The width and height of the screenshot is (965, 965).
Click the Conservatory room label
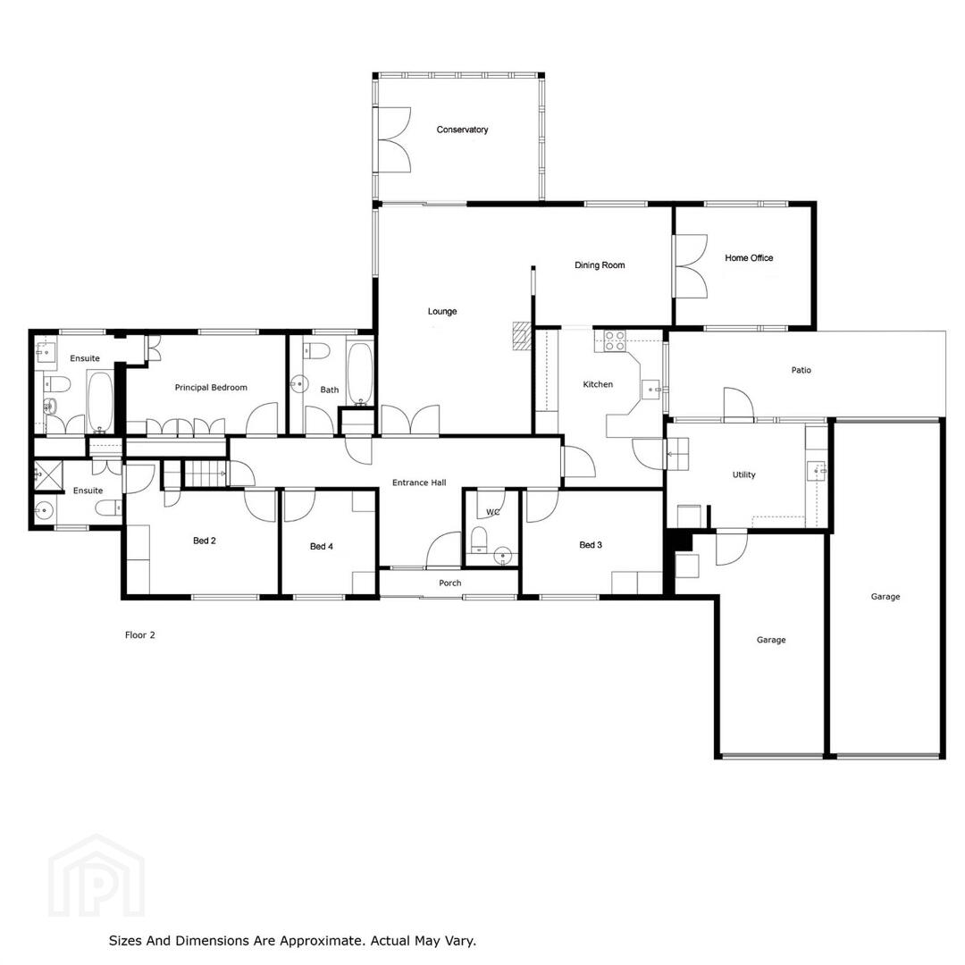(x=462, y=130)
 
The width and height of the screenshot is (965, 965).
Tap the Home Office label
(x=749, y=258)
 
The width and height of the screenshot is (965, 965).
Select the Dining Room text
(x=600, y=265)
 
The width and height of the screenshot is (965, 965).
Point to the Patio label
(x=801, y=370)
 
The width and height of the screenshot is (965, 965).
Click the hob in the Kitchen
(x=615, y=341)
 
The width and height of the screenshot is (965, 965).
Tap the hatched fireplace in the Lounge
(x=523, y=336)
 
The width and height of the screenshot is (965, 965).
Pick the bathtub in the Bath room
(x=360, y=374)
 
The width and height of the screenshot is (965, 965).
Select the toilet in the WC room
(x=479, y=539)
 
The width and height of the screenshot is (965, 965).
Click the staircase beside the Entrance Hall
(x=206, y=474)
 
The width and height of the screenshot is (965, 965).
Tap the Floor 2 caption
(x=139, y=635)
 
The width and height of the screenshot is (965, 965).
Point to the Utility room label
(x=743, y=474)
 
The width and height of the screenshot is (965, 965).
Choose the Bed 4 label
(x=322, y=546)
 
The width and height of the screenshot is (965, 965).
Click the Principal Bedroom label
(x=211, y=388)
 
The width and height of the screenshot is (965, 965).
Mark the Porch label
(x=449, y=583)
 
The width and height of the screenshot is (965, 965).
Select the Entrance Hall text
(x=419, y=482)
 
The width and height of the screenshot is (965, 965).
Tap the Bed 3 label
(x=591, y=545)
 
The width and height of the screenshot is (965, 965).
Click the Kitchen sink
(x=651, y=390)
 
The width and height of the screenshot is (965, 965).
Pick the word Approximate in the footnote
(x=320, y=941)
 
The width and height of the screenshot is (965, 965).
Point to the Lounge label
(x=442, y=312)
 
